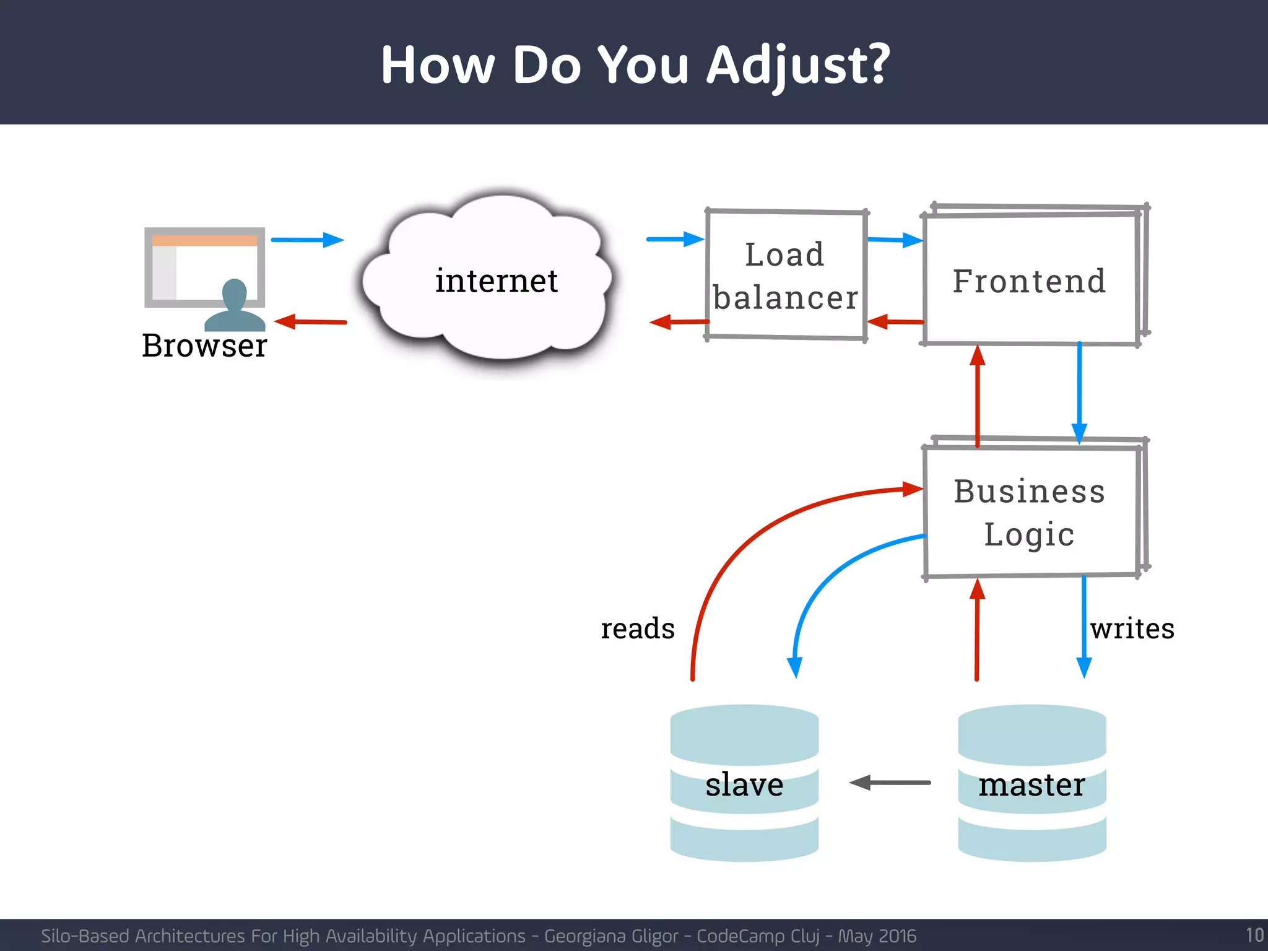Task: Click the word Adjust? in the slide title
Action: pyautogui.click(x=797, y=66)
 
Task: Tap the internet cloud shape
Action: pyautogui.click(x=495, y=282)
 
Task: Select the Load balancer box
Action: pyautogui.click(x=785, y=276)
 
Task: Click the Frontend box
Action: pyautogui.click(x=1029, y=280)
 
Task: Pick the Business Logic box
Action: pyautogui.click(x=1029, y=512)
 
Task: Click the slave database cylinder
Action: pyautogui.click(x=744, y=784)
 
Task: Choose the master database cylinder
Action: pyautogui.click(x=1031, y=784)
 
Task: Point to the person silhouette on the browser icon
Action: pyautogui.click(x=235, y=306)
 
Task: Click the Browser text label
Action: pyautogui.click(x=204, y=345)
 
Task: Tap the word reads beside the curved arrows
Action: pyautogui.click(x=638, y=628)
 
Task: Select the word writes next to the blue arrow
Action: pyautogui.click(x=1132, y=628)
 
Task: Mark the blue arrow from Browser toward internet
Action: pyautogui.click(x=307, y=240)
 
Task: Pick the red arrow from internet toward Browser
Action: pyautogui.click(x=310, y=321)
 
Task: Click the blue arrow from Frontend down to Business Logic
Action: pyautogui.click(x=1079, y=390)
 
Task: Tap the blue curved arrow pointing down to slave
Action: pyautogui.click(x=823, y=582)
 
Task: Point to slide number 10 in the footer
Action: pyautogui.click(x=1254, y=935)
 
